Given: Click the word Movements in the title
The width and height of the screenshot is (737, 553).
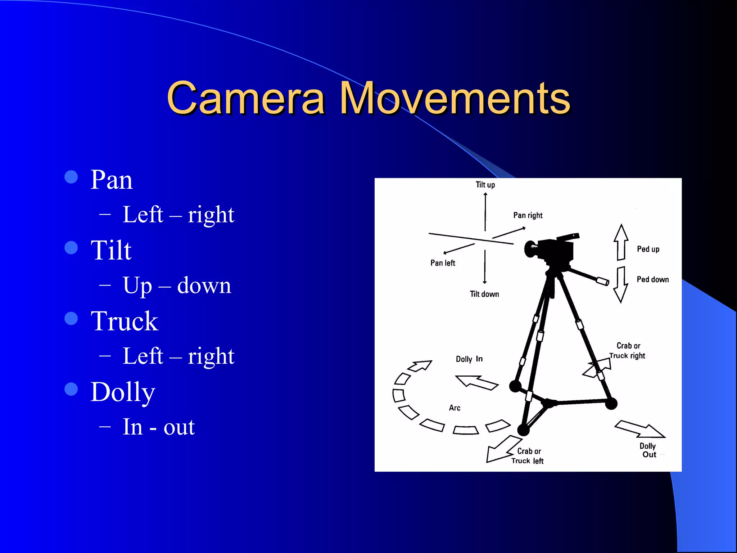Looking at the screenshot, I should pyautogui.click(x=455, y=98).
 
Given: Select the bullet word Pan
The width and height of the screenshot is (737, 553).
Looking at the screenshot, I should pyautogui.click(x=112, y=180).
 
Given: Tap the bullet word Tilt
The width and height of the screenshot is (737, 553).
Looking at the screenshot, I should pyautogui.click(x=111, y=250).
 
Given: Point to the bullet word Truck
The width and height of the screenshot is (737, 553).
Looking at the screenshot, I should pyautogui.click(x=125, y=321).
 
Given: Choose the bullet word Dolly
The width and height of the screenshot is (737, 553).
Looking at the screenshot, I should pyautogui.click(x=123, y=392).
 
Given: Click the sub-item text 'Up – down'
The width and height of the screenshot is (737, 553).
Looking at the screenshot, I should pyautogui.click(x=177, y=286).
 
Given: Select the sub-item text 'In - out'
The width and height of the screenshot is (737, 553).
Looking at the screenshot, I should pyautogui.click(x=159, y=427).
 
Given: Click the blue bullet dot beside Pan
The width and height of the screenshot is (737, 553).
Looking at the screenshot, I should pyautogui.click(x=71, y=177).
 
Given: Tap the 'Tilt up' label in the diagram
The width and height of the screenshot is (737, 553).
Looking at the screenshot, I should pyautogui.click(x=485, y=185).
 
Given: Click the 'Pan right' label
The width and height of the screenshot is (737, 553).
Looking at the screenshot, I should pyautogui.click(x=528, y=215).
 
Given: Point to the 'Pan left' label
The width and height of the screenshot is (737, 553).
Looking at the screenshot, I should pyautogui.click(x=443, y=263).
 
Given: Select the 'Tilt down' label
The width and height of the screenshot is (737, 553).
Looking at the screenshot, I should pyautogui.click(x=484, y=294).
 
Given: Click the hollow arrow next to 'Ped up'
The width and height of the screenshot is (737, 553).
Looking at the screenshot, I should pyautogui.click(x=621, y=242).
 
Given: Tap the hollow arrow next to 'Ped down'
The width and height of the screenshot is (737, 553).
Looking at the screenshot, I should pyautogui.click(x=621, y=284).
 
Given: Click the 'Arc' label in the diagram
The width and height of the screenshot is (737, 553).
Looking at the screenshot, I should pyautogui.click(x=455, y=408).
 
